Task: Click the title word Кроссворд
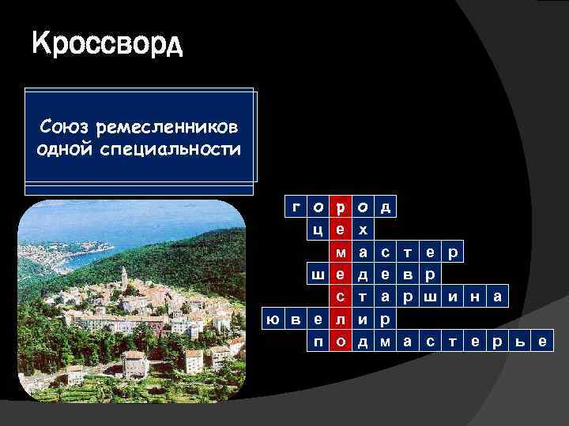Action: point(107,45)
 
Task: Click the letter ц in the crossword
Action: point(318,230)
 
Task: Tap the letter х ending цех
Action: point(363,230)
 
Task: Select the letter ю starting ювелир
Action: point(273,319)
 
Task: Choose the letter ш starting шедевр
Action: point(318,275)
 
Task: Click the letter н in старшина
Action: point(474,297)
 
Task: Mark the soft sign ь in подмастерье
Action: point(519,342)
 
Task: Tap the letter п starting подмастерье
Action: point(318,342)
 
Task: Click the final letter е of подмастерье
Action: point(541,342)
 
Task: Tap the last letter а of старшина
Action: point(496,297)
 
